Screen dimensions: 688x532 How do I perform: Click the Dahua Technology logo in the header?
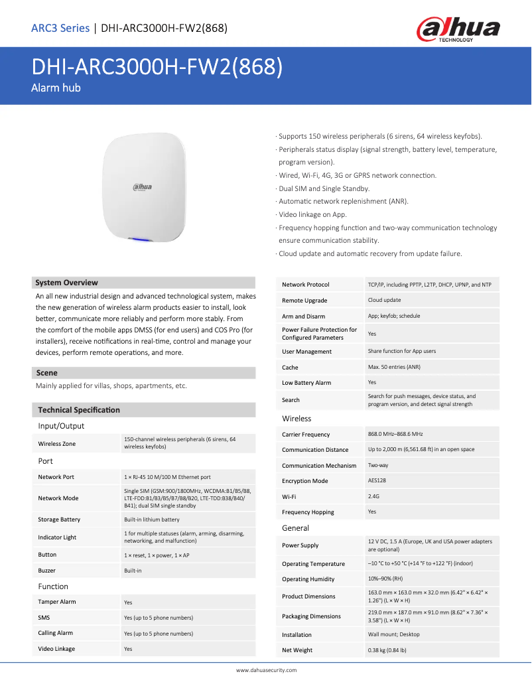(458, 30)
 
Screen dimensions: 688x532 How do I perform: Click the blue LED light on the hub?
(141, 240)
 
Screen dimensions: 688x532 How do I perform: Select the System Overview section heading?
(67, 283)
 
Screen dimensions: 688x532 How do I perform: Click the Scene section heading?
(47, 373)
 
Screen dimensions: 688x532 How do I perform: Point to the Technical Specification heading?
(79, 410)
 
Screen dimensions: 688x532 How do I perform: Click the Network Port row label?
(56, 477)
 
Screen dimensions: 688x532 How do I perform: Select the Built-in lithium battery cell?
(152, 519)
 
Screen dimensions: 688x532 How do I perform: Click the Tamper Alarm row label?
(57, 602)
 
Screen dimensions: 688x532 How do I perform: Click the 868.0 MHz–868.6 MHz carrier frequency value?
(395, 434)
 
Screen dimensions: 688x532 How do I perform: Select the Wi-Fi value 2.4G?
(373, 496)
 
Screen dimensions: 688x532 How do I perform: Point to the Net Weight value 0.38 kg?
(387, 650)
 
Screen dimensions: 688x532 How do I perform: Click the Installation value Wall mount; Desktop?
(394, 634)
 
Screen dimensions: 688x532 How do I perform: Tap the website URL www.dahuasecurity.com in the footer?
(267, 670)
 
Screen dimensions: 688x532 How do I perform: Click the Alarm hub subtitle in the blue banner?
(56, 88)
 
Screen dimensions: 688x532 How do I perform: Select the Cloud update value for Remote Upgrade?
(385, 301)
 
